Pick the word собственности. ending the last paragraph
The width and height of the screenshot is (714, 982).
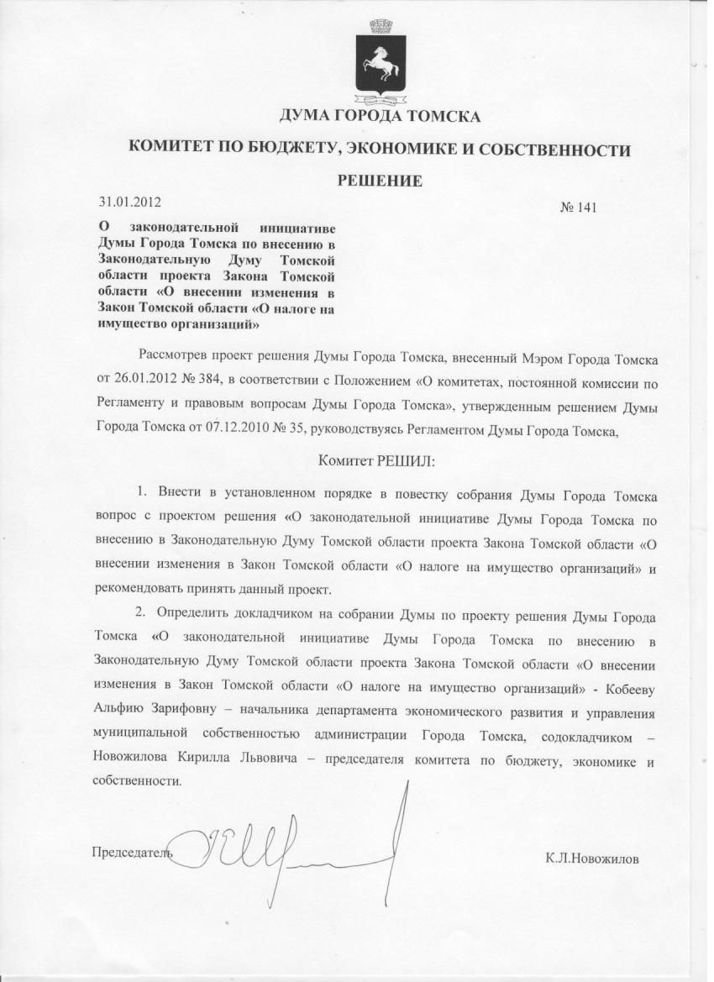(137, 780)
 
